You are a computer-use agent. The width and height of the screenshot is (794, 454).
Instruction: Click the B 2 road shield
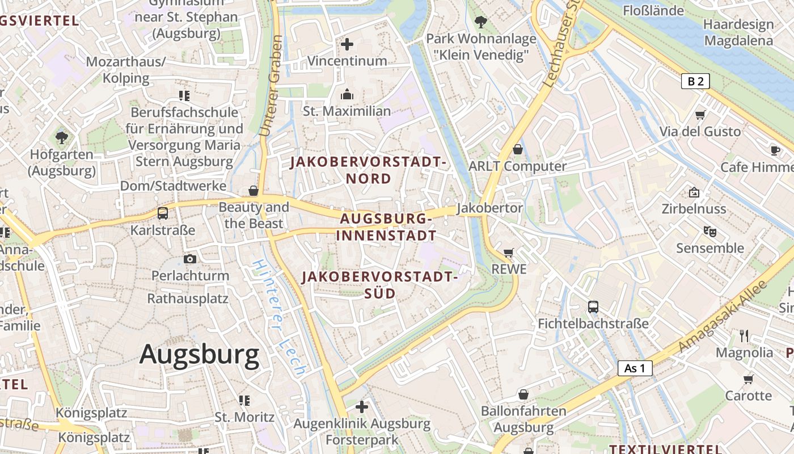point(695,81)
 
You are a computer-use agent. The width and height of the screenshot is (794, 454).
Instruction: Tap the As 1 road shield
point(635,368)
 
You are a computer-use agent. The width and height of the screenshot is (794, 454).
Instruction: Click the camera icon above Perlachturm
point(190,259)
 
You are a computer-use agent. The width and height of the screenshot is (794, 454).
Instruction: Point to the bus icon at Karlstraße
point(163,213)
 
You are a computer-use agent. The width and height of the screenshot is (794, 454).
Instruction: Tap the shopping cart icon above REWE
point(509,253)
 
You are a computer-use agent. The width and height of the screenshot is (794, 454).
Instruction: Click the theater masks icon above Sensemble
point(709,232)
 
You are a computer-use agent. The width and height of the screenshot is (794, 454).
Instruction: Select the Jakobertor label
point(490,208)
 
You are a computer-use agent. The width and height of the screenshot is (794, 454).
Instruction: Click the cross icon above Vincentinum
point(347,44)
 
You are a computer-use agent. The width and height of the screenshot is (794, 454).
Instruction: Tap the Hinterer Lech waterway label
point(280,318)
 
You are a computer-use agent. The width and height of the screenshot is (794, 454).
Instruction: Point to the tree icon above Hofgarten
point(62,137)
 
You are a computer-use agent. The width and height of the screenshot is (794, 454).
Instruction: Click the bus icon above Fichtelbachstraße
point(593,307)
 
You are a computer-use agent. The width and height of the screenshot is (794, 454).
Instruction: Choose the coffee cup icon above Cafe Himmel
point(775,150)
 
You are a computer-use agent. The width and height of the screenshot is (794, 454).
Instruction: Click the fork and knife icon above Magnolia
point(744,336)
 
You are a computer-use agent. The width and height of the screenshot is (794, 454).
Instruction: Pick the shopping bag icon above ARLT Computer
point(517,149)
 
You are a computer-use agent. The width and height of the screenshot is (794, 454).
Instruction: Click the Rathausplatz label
point(188,299)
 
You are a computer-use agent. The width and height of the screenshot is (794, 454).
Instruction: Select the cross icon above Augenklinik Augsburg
point(362,407)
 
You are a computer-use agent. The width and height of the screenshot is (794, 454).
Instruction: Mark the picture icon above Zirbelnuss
point(694,192)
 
